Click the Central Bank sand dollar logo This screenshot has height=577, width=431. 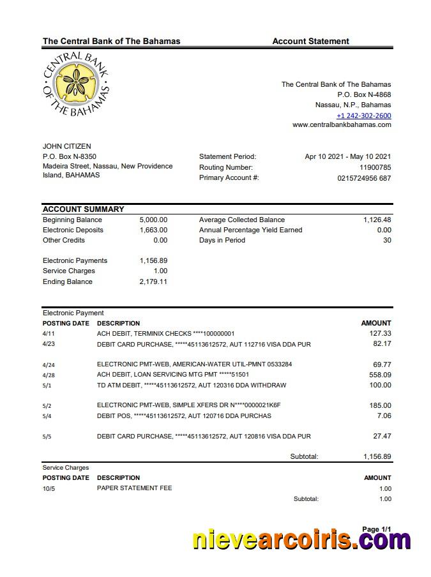point(76,85)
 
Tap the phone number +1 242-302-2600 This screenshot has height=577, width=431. point(363,116)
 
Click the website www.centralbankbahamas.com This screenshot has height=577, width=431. point(342,125)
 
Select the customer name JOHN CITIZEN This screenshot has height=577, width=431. point(66,146)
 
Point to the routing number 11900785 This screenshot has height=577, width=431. point(375,167)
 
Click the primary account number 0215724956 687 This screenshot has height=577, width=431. point(364,178)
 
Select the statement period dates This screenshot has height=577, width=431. point(347,156)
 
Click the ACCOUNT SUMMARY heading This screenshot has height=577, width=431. point(83,209)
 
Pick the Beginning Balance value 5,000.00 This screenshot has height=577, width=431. point(153,220)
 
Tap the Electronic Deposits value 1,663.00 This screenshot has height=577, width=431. point(153,230)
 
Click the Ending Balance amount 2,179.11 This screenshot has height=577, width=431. point(153,281)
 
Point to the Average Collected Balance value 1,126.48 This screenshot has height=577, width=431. point(377,220)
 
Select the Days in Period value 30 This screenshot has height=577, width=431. point(386,240)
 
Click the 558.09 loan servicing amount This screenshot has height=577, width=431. point(380,375)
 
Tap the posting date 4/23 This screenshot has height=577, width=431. point(49,344)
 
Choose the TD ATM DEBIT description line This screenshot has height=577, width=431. point(191,386)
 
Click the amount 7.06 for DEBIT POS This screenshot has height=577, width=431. point(384,416)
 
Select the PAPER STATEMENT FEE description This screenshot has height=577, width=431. point(134,488)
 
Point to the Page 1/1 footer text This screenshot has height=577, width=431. point(376,529)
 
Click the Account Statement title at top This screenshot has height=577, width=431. point(310,41)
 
